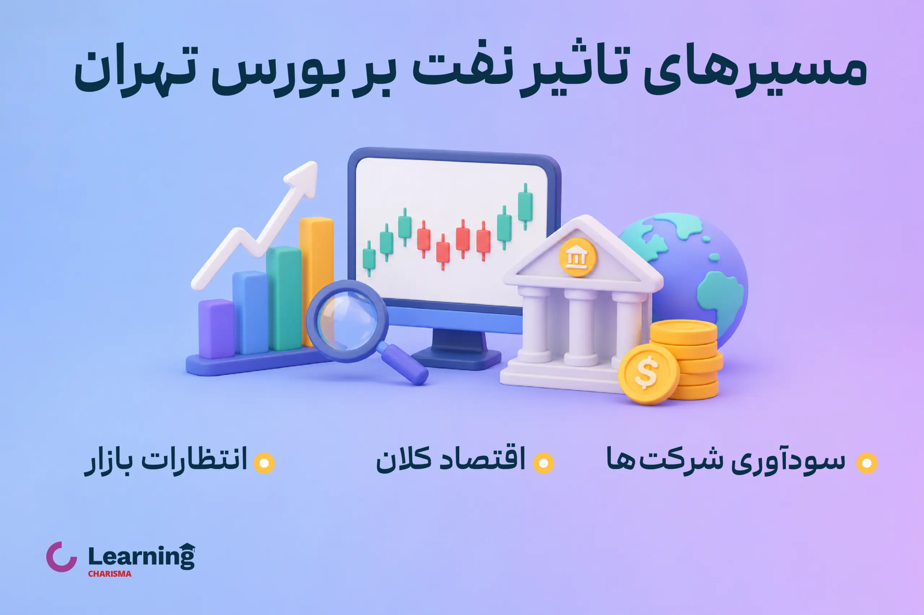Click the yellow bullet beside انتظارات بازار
[264, 463]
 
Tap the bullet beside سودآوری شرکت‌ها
[866, 463]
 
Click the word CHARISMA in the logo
[109, 574]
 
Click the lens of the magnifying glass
[347, 321]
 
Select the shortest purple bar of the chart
[216, 329]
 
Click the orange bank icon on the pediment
[577, 257]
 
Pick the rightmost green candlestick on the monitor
[525, 206]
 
